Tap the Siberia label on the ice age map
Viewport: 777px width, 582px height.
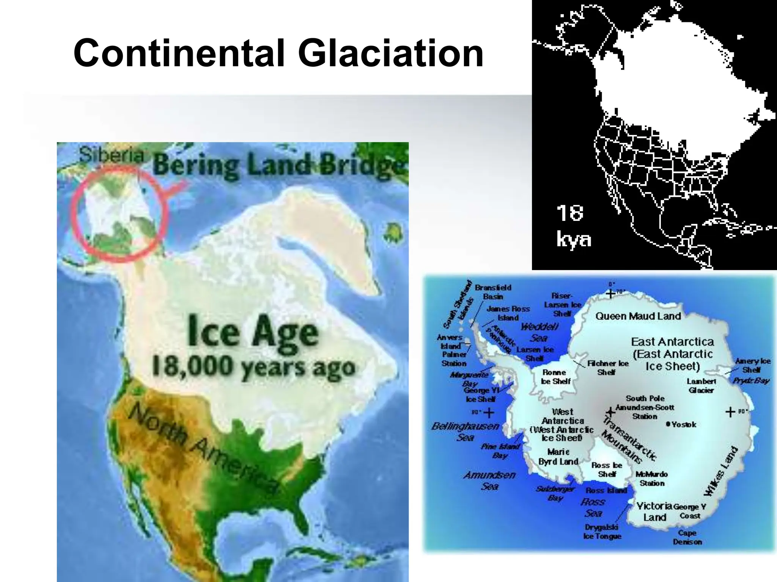click(x=112, y=155)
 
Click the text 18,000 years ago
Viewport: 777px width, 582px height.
click(x=253, y=367)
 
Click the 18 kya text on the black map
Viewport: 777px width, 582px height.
click(x=573, y=226)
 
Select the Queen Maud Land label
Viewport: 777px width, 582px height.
click(x=638, y=316)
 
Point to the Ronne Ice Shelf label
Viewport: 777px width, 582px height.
click(x=555, y=377)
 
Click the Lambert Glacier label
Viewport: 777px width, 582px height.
click(x=701, y=386)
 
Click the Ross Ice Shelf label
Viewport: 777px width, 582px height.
click(x=607, y=469)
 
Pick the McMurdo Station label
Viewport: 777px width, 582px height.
click(x=652, y=479)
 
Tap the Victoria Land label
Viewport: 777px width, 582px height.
click(x=654, y=512)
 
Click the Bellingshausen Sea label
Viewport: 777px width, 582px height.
click(x=466, y=432)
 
